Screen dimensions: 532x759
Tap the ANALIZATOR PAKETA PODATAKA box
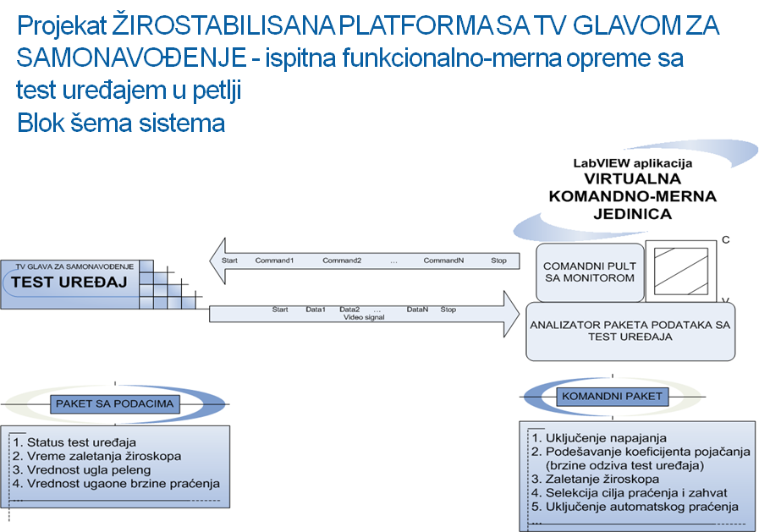pyautogui.click(x=630, y=330)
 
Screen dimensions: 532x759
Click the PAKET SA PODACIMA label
pyautogui.click(x=114, y=403)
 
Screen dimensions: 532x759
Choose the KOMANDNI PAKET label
pyautogui.click(x=614, y=396)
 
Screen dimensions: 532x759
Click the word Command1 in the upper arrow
pyautogui.click(x=274, y=260)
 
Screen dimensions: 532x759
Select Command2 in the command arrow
pyautogui.click(x=342, y=260)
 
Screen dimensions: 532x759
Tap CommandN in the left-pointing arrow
pyautogui.click(x=443, y=260)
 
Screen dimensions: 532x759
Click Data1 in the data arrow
pyautogui.click(x=316, y=310)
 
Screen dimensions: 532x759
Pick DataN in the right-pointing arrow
pyautogui.click(x=417, y=310)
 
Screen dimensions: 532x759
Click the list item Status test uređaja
pyautogui.click(x=81, y=442)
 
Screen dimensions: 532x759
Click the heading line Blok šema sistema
pyautogui.click(x=121, y=123)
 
